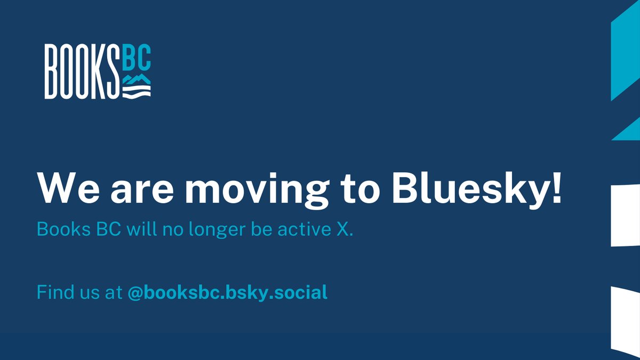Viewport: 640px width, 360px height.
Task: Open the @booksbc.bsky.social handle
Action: point(227,293)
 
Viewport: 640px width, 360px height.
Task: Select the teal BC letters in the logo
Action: point(137,60)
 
